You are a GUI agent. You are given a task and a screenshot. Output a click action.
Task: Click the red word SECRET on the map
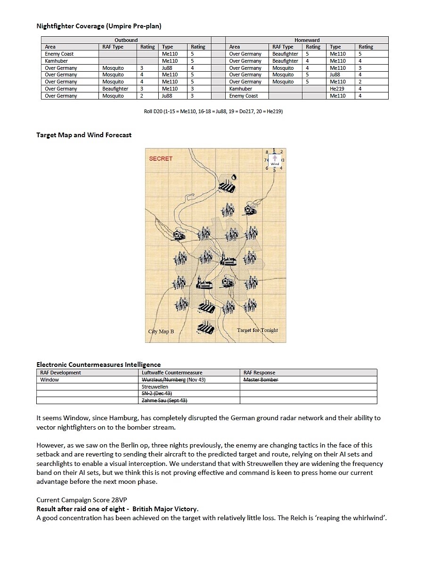click(161, 158)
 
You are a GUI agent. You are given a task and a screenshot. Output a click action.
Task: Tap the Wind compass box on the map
click(275, 160)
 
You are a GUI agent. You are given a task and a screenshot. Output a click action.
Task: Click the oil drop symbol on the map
click(233, 178)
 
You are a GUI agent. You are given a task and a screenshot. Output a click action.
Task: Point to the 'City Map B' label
click(161, 332)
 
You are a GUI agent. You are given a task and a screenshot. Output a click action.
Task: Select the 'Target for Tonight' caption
click(257, 330)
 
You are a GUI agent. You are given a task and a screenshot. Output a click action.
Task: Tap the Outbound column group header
click(126, 40)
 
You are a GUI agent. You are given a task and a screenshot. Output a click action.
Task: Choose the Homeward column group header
click(307, 40)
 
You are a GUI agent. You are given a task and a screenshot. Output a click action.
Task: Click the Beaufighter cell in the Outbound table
click(115, 89)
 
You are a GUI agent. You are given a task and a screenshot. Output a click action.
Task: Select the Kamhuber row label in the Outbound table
click(57, 61)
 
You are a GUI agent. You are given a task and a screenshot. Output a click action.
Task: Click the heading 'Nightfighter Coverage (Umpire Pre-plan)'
click(99, 26)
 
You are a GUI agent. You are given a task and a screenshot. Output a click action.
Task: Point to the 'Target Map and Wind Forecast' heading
click(84, 135)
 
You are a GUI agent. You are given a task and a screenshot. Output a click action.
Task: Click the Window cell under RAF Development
click(49, 380)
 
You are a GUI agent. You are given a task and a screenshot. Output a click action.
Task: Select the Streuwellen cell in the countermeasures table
click(155, 387)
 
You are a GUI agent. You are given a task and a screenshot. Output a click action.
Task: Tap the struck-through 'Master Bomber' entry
click(261, 380)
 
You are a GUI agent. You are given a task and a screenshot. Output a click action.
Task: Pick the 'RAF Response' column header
click(259, 373)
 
